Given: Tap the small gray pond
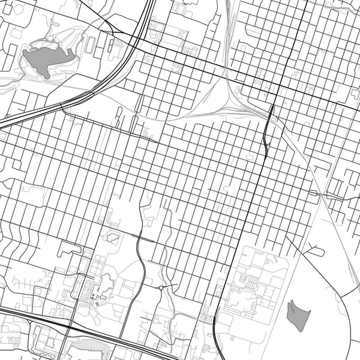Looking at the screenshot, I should [x=299, y=314].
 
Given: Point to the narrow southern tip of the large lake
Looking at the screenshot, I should [x=46, y=76].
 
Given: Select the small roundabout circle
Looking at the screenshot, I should [x=161, y=288].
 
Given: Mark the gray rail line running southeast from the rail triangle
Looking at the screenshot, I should [x=300, y=156].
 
